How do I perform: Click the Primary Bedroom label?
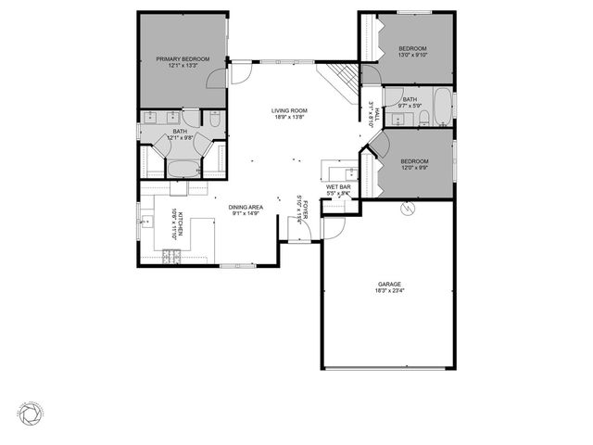point(183,59)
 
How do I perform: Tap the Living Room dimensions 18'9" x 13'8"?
point(290,118)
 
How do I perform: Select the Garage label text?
point(388,284)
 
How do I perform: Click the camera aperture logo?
point(30,411)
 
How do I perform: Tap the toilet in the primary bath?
point(214,119)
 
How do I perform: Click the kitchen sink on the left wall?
point(145,222)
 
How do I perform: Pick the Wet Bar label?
point(338,187)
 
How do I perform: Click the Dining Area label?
point(246,207)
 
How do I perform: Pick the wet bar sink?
point(350,172)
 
